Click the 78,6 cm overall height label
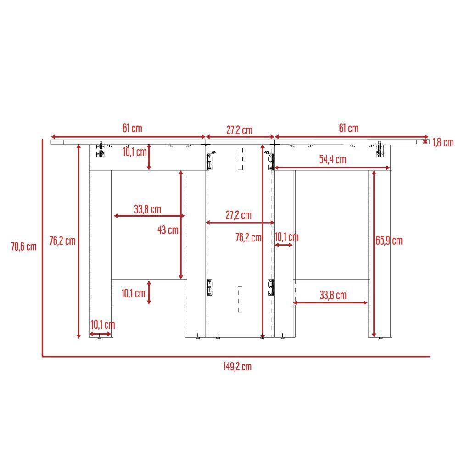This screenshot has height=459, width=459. (24, 246)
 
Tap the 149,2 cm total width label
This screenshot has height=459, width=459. (237, 366)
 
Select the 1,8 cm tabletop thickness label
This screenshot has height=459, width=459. (443, 143)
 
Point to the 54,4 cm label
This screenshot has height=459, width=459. (332, 160)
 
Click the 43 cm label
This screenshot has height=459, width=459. (168, 230)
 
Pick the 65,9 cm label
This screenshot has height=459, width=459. (389, 241)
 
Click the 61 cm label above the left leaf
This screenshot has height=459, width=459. (132, 128)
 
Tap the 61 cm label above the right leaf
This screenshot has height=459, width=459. (349, 128)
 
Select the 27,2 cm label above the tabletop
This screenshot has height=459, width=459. (240, 130)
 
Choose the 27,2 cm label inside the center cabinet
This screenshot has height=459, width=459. (239, 215)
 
